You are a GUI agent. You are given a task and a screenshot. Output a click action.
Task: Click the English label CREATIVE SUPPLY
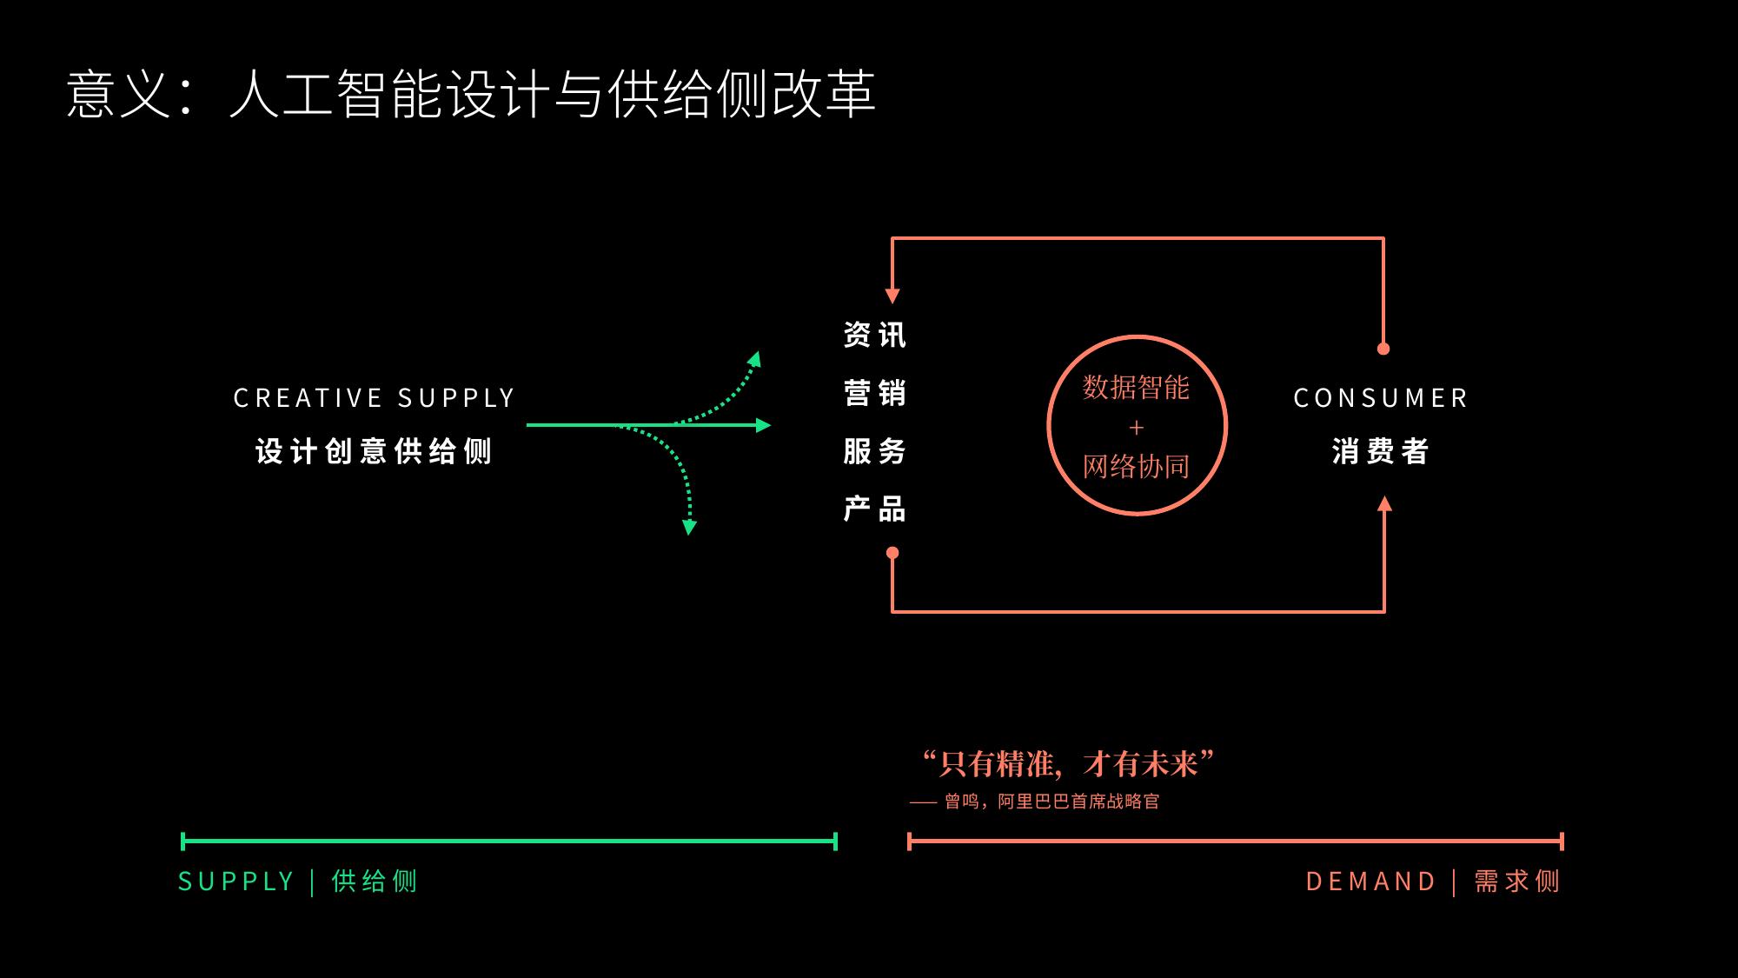coord(375,398)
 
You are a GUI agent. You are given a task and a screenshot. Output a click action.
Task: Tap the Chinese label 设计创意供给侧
coord(375,451)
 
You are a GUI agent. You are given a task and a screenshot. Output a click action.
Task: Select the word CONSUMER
coord(1381,398)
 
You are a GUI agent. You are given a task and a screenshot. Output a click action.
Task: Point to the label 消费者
coord(1381,451)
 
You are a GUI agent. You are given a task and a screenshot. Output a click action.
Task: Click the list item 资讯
coord(875,335)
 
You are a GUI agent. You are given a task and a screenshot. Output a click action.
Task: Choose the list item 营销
coord(875,393)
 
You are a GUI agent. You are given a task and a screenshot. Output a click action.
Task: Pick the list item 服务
coord(875,451)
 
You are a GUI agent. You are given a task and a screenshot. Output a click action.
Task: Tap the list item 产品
coord(875,509)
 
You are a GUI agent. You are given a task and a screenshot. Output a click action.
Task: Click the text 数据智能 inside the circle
coord(1136,388)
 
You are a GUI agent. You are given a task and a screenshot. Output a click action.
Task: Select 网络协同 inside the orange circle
coord(1136,467)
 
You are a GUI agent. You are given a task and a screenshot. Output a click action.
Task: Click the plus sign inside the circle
coord(1137,428)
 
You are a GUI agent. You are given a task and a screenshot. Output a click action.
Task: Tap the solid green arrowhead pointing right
coord(764,425)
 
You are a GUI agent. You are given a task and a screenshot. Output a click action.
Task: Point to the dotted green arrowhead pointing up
coord(755,359)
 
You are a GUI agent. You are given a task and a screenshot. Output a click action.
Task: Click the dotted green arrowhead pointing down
coord(690,527)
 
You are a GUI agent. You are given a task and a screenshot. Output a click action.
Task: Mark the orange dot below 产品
coord(892,553)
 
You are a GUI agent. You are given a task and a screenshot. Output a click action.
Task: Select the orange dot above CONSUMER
coord(1383,349)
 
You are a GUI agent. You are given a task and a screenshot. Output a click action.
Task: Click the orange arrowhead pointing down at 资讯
coord(892,296)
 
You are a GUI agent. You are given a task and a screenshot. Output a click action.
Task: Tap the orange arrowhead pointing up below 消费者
coord(1384,503)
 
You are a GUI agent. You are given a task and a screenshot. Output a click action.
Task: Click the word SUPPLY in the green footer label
coord(236,882)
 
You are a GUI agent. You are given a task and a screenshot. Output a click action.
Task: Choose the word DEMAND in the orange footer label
coord(1371,882)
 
